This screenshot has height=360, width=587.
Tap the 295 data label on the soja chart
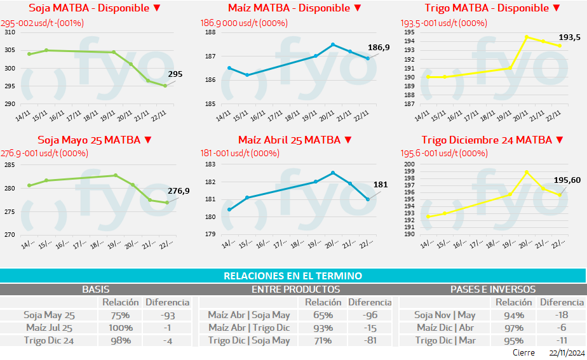(x=175, y=74)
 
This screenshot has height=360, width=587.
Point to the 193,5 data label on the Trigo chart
(x=569, y=37)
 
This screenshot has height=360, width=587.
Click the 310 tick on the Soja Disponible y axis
(x=10, y=32)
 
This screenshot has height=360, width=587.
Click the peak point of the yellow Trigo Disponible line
(x=527, y=37)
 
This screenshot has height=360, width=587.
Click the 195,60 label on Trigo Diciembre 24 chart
(x=567, y=180)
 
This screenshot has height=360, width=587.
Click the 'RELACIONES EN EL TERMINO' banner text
(x=293, y=276)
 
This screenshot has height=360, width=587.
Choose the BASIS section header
(x=96, y=289)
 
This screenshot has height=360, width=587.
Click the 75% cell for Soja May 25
(x=121, y=315)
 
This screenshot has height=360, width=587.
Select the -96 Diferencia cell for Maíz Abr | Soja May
(x=370, y=315)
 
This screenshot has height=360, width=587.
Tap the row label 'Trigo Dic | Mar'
(x=445, y=340)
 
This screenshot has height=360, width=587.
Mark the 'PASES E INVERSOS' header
(x=493, y=289)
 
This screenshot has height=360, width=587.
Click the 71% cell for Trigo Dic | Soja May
(x=323, y=340)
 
